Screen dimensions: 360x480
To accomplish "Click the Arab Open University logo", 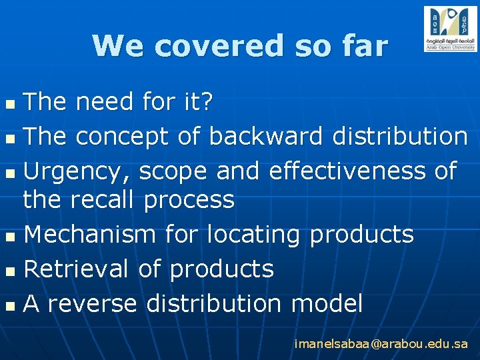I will [450, 29].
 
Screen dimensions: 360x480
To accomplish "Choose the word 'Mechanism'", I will [90, 235].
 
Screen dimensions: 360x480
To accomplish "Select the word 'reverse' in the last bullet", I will [93, 304].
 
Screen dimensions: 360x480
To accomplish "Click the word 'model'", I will [327, 304].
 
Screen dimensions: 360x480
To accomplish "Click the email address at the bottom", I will [381, 345].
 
